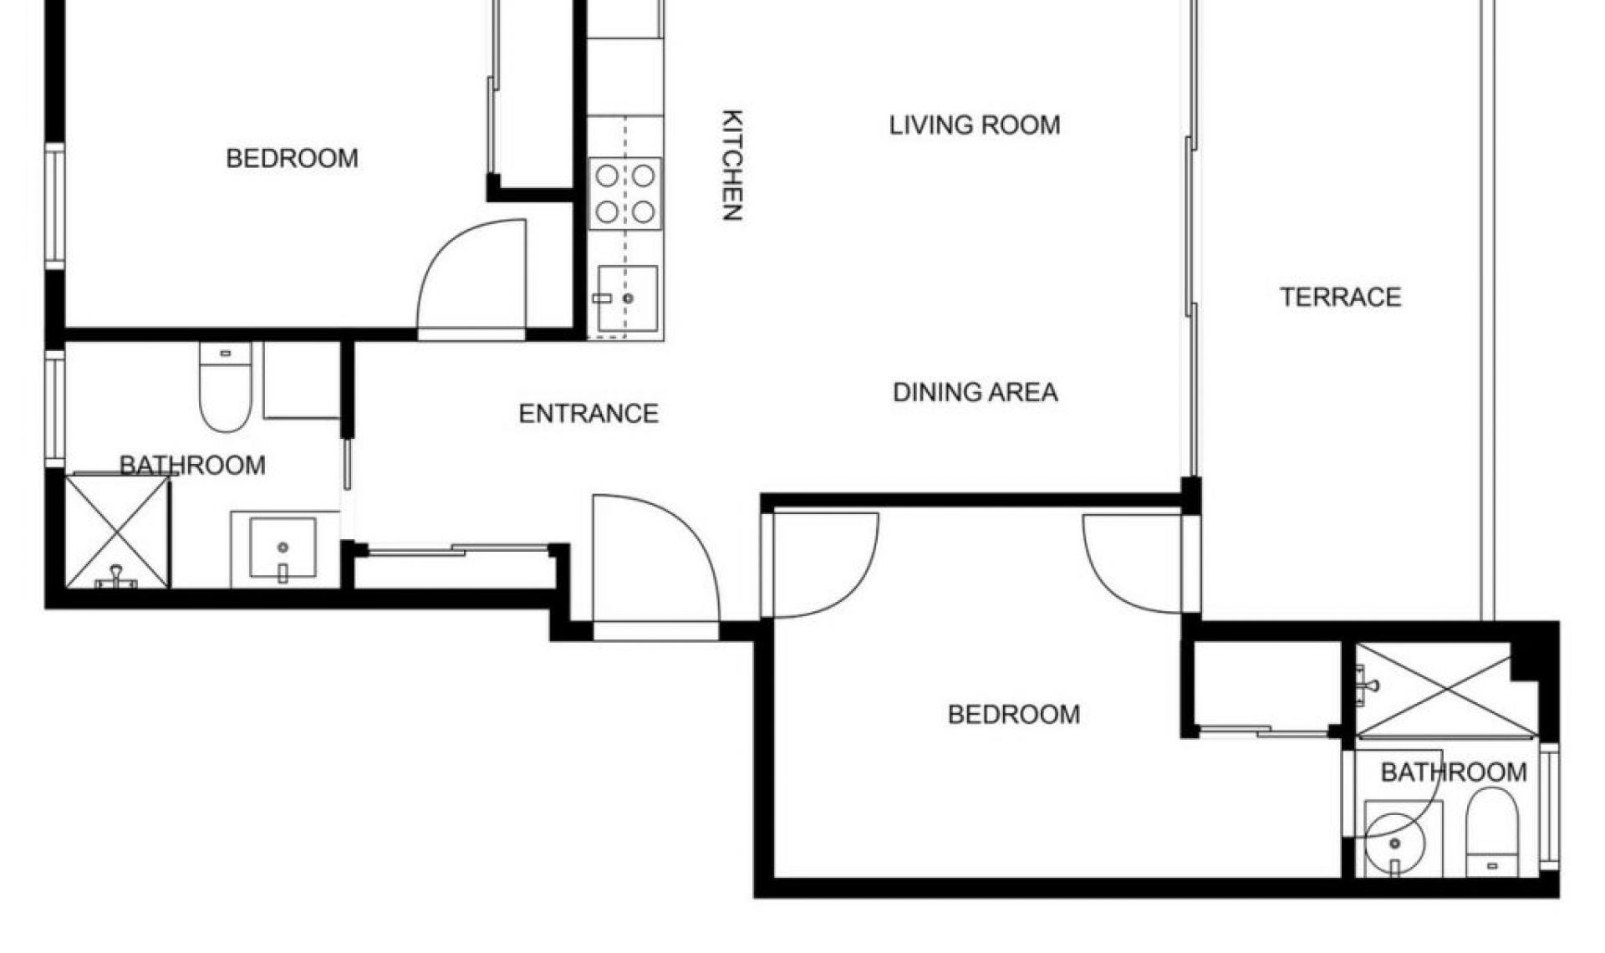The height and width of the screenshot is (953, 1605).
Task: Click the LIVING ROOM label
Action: tap(975, 125)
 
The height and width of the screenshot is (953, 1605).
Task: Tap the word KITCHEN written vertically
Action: tap(732, 165)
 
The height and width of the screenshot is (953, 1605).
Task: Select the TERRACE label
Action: tap(1340, 297)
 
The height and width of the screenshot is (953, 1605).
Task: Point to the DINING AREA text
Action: tap(975, 392)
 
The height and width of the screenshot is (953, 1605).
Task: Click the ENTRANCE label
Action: tap(588, 414)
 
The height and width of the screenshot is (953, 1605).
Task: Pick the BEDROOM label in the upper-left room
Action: tap(292, 158)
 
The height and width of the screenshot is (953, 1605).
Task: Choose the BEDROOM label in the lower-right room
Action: tap(1013, 714)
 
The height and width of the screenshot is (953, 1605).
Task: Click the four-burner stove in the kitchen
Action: tap(624, 194)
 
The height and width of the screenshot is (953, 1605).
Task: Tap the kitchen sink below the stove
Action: tap(627, 298)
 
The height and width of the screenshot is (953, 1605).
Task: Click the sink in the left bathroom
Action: tap(283, 548)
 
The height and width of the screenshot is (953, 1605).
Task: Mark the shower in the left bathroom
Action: tap(117, 532)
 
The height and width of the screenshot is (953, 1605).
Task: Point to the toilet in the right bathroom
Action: tap(1492, 832)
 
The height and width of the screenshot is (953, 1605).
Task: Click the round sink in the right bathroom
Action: tap(1394, 840)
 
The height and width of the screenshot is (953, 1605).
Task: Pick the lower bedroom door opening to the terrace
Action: tap(1133, 562)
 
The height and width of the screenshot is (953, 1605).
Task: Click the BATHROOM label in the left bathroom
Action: tap(192, 466)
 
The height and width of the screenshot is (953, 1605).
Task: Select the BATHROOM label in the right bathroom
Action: tap(1453, 772)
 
